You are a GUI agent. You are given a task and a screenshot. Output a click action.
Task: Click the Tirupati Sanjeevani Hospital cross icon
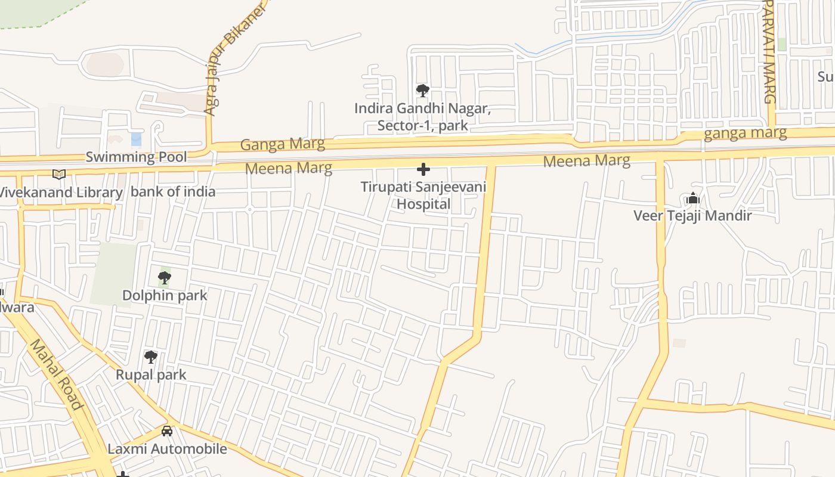click(423, 169)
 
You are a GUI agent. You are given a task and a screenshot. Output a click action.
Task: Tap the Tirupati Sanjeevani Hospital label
click(423, 195)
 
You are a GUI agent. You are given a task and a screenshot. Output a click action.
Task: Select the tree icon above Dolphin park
click(164, 277)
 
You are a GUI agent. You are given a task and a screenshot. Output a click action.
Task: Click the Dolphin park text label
click(165, 295)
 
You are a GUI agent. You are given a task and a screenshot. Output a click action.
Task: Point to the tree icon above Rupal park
click(151, 357)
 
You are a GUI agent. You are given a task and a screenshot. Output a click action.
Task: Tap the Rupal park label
click(151, 375)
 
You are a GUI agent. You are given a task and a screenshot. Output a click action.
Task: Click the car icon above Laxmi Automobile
click(167, 430)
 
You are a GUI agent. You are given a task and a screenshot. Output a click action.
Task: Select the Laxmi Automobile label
click(167, 449)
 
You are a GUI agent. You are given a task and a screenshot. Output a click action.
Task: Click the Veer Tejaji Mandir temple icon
click(692, 198)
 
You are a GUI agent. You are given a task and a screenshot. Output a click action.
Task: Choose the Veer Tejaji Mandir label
click(692, 215)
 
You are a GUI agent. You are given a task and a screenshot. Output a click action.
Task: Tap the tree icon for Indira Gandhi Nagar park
click(423, 91)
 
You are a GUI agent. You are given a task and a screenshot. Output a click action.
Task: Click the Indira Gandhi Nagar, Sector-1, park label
click(423, 117)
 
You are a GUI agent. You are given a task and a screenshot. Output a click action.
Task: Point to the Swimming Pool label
click(136, 157)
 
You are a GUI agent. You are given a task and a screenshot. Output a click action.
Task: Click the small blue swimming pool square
click(136, 139)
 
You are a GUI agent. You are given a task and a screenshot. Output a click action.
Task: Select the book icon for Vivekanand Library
click(58, 174)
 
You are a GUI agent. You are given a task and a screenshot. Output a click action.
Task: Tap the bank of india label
click(173, 191)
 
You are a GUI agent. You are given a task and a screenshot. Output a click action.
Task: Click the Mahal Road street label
click(56, 374)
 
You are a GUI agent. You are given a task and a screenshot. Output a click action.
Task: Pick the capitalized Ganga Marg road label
click(283, 144)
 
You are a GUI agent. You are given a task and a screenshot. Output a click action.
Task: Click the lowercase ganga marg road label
click(745, 133)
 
